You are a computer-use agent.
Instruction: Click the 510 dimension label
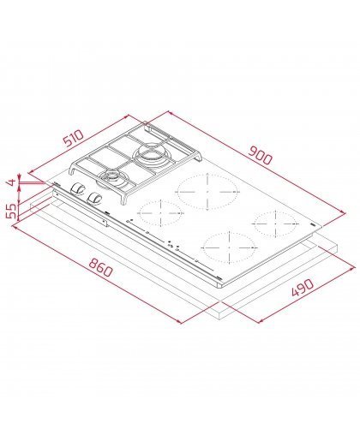74,139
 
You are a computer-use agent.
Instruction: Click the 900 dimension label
261,156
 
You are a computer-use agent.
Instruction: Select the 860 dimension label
100,267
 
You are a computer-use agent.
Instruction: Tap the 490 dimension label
303,288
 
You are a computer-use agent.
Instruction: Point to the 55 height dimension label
12,211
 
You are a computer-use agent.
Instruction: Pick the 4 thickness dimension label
11,182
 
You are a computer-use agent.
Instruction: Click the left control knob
77,188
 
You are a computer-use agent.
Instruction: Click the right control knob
94,198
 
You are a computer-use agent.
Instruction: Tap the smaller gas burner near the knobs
112,176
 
